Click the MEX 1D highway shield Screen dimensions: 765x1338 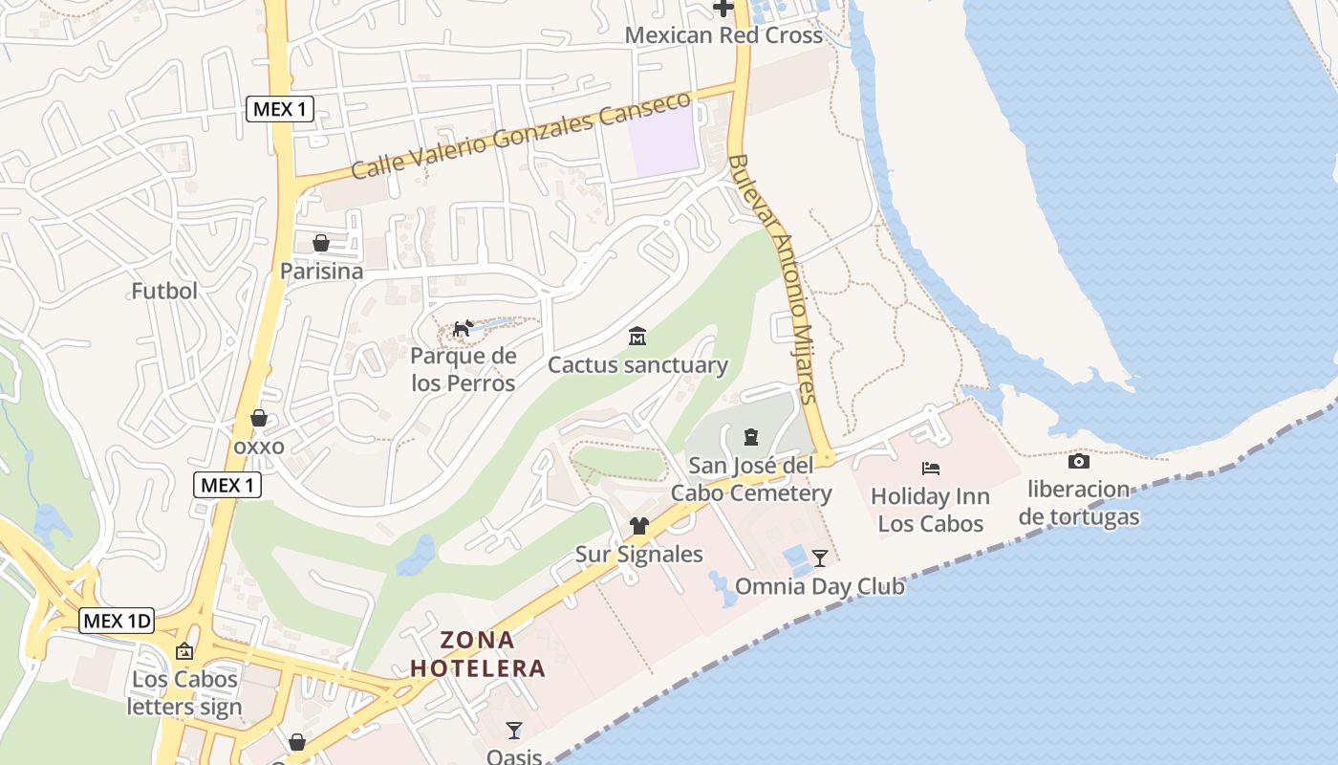click(117, 621)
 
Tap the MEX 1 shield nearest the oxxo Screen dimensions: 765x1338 click(227, 485)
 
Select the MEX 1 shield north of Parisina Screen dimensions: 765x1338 click(280, 109)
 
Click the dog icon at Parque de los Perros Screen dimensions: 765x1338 click(463, 330)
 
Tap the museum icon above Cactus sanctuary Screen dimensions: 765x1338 click(637, 337)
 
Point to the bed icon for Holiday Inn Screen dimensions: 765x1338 click(930, 469)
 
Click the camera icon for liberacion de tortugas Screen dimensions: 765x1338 click(1078, 462)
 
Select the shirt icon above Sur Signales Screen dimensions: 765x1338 click(638, 526)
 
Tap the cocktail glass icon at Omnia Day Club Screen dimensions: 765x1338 click(819, 557)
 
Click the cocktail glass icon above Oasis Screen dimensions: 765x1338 click(514, 731)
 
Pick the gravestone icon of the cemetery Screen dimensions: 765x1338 click(750, 437)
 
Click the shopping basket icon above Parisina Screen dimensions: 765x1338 click(321, 243)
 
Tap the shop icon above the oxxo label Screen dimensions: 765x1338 click(258, 418)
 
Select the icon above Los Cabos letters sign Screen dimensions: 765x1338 click(184, 651)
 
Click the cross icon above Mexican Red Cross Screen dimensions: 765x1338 click(723, 9)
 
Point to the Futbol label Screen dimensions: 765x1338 click(164, 291)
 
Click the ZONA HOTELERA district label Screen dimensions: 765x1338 click(478, 654)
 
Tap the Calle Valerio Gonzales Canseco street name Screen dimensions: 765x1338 click(520, 136)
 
